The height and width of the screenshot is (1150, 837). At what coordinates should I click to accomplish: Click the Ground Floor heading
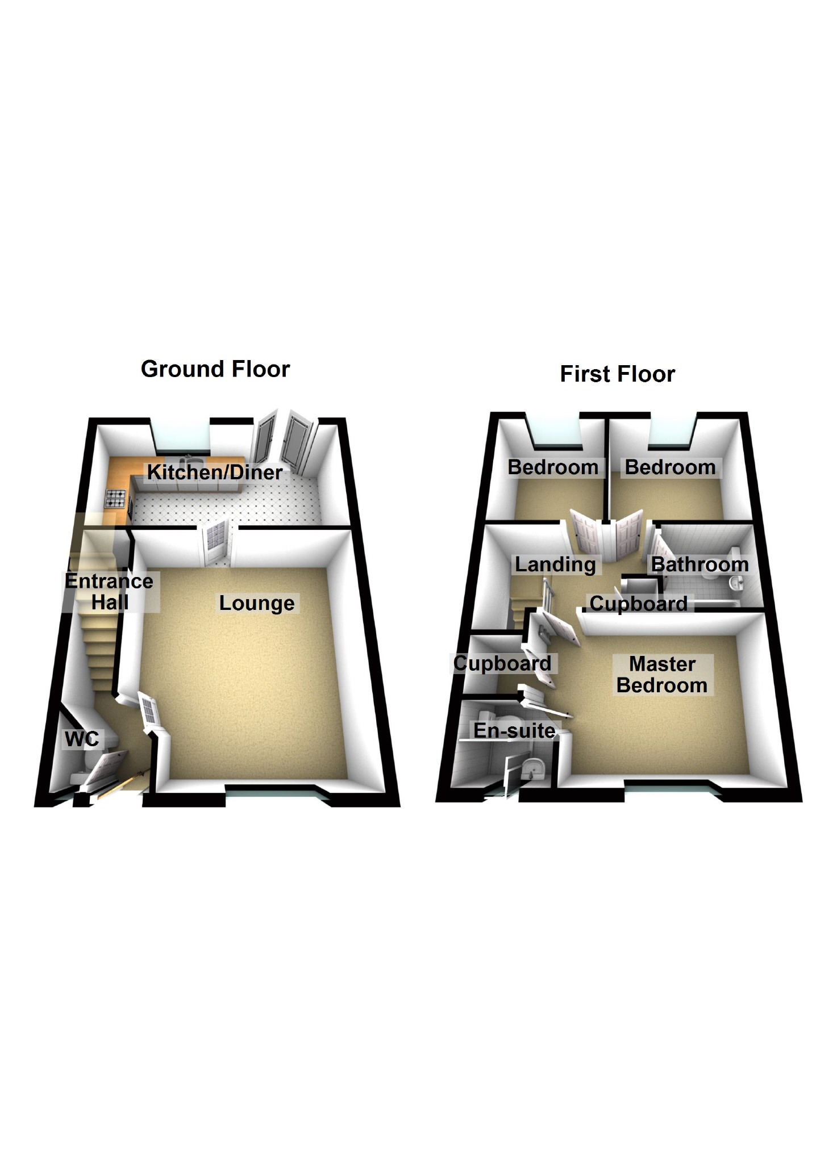pos(215,370)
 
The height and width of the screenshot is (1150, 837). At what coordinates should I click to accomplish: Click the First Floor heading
pos(617,375)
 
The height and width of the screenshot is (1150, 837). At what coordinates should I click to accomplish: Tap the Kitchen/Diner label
pos(215,472)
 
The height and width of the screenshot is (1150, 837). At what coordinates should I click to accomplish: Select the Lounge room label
pos(257,603)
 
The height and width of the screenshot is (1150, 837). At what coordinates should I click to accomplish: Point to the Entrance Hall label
pos(109,592)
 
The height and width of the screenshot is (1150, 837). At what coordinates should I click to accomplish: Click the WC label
pos(82,739)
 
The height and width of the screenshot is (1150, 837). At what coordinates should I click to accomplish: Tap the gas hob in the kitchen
pos(116,499)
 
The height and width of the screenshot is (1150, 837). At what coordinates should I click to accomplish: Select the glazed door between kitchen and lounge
pos(215,543)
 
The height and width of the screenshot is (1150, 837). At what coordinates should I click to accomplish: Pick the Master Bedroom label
pos(662,675)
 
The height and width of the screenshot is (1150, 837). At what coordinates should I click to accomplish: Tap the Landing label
pos(555,565)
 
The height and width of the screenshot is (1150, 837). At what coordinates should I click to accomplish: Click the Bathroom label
pos(699,565)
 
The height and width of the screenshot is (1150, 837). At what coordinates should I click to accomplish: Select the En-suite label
pos(514,731)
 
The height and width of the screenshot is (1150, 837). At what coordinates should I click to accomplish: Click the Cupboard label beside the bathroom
pos(638,604)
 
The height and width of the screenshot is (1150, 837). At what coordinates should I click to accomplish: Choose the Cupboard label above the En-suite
pos(502,663)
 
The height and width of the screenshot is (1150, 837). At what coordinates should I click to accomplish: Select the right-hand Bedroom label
pos(670,468)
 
